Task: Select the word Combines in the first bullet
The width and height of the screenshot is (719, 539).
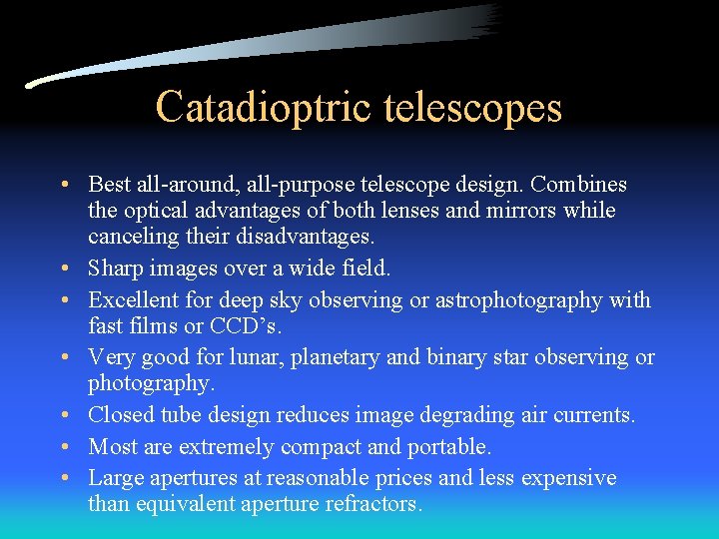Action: point(579,185)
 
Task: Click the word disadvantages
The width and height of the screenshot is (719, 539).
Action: point(300,237)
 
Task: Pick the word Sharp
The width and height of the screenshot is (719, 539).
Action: point(115,268)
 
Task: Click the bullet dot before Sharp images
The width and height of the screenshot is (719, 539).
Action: point(63,269)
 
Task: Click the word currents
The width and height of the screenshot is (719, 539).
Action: point(595,415)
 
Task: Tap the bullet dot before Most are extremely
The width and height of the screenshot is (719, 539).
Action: point(63,447)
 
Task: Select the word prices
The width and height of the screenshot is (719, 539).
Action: point(406,478)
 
